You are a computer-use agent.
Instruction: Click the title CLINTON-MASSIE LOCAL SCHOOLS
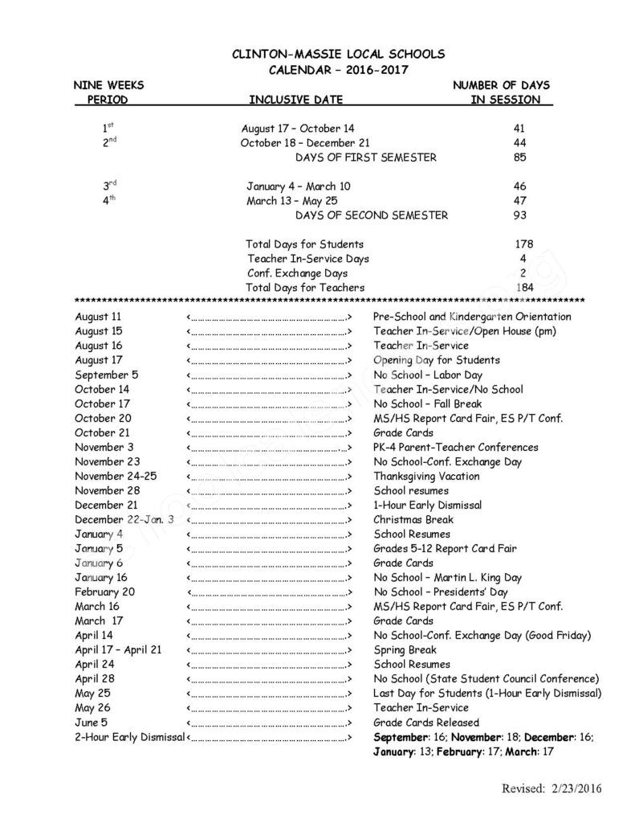337,54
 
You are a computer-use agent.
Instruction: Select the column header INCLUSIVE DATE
296,100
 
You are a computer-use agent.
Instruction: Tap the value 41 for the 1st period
519,128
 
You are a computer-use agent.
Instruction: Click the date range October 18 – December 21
299,142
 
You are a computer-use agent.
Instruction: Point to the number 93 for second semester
519,215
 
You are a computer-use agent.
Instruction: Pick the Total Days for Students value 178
523,244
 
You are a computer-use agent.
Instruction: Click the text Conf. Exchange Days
287,272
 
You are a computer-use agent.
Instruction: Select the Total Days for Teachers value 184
523,287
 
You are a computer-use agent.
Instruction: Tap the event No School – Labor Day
427,375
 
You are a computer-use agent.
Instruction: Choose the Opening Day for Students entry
436,360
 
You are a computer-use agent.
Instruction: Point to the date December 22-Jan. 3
124,519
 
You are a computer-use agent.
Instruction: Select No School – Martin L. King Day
447,577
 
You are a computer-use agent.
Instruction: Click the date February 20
104,592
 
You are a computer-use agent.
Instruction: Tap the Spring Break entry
405,649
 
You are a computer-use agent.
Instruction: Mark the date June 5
92,722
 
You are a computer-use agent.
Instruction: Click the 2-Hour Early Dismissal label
129,736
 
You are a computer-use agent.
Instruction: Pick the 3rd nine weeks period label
109,186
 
